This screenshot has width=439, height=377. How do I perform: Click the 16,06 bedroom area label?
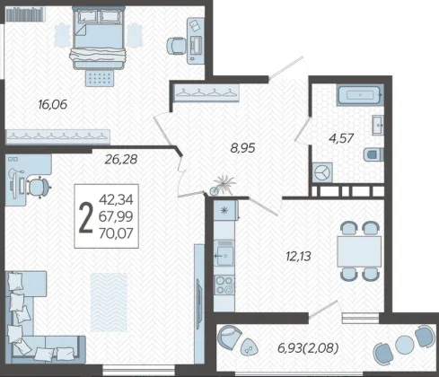pyautogui.click(x=53, y=105)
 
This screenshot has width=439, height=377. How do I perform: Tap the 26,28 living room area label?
pyautogui.click(x=121, y=160)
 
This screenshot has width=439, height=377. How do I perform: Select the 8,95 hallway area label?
pyautogui.click(x=242, y=148)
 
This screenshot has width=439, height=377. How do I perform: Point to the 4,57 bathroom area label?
pyautogui.click(x=341, y=138)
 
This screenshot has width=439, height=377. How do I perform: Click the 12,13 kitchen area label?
pyautogui.click(x=299, y=257)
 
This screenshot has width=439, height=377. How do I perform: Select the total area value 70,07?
pyautogui.click(x=116, y=233)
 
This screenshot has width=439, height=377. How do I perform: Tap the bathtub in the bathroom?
pyautogui.click(x=360, y=95)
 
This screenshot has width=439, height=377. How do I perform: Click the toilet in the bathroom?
pyautogui.click(x=373, y=154)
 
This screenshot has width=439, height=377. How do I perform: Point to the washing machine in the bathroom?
pyautogui.click(x=322, y=172)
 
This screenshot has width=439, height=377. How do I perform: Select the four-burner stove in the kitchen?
pyautogui.click(x=224, y=285)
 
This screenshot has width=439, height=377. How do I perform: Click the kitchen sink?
pyautogui.click(x=224, y=253)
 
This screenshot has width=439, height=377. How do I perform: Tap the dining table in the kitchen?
pyautogui.click(x=359, y=251)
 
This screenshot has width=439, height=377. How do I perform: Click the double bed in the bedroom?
pyautogui.click(x=98, y=39)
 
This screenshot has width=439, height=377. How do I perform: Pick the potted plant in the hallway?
pyautogui.click(x=222, y=186)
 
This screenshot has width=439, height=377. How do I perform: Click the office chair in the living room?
pyautogui.click(x=39, y=188)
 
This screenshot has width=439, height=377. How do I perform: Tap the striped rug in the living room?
pyautogui.click(x=109, y=302)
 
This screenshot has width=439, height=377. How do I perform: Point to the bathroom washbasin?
pyautogui.click(x=378, y=125)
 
